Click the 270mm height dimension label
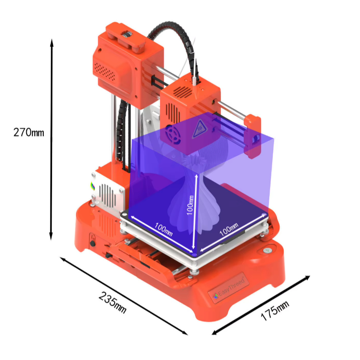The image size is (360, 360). (x=29, y=132)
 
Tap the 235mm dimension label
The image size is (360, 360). (x=113, y=302)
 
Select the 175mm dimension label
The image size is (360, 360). (x=275, y=311)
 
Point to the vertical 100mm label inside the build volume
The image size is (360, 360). (x=190, y=205)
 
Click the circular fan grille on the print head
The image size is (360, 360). (x=173, y=134)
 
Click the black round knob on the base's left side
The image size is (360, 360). (x=93, y=243)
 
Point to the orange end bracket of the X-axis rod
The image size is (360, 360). (x=253, y=136)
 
